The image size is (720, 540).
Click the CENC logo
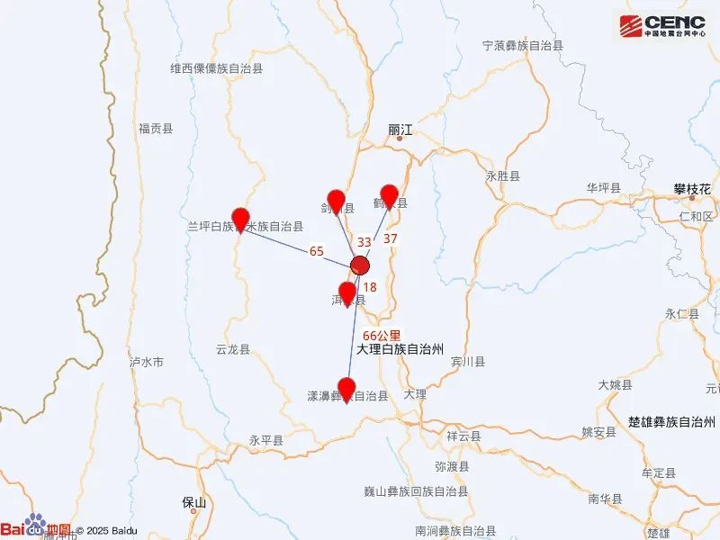pos(665,25)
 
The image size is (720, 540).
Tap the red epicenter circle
pos(360,265)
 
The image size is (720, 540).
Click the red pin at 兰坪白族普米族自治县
pos(240,220)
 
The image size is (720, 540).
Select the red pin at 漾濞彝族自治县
pos(346,390)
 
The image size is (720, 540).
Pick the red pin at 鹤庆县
pos(389,195)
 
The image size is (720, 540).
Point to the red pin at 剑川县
pos(337,202)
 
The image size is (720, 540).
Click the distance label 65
pos(316,251)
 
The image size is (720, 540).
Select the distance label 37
pos(390,238)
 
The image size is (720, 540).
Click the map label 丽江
pos(399,130)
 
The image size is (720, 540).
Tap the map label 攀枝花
pos(692,189)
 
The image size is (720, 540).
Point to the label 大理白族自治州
pos(400,348)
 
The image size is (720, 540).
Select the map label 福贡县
pos(155,129)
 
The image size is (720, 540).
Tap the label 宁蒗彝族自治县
pos(522,45)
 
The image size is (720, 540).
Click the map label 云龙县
pos(233,349)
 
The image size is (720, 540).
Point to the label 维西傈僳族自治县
pos(217,67)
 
